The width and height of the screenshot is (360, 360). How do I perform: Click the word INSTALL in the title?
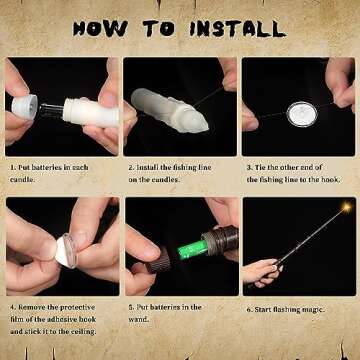click(x=238, y=29)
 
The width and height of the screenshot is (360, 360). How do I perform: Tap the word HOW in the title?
click(x=100, y=29)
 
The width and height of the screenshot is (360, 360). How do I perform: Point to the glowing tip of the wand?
click(x=347, y=207)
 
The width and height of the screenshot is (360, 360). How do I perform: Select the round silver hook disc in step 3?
click(x=302, y=114)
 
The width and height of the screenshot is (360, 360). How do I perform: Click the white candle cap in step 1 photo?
click(x=24, y=107)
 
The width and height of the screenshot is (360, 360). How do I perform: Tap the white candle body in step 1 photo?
click(x=91, y=113)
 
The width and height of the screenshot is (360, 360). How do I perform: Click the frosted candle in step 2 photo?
click(x=169, y=110)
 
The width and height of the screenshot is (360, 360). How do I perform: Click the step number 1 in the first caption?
click(x=12, y=167)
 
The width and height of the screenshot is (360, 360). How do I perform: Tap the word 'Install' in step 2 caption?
click(x=147, y=167)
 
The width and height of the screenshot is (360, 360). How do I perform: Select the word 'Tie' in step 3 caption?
click(x=260, y=167)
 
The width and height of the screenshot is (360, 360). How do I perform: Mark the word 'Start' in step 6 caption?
click(x=263, y=310)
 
